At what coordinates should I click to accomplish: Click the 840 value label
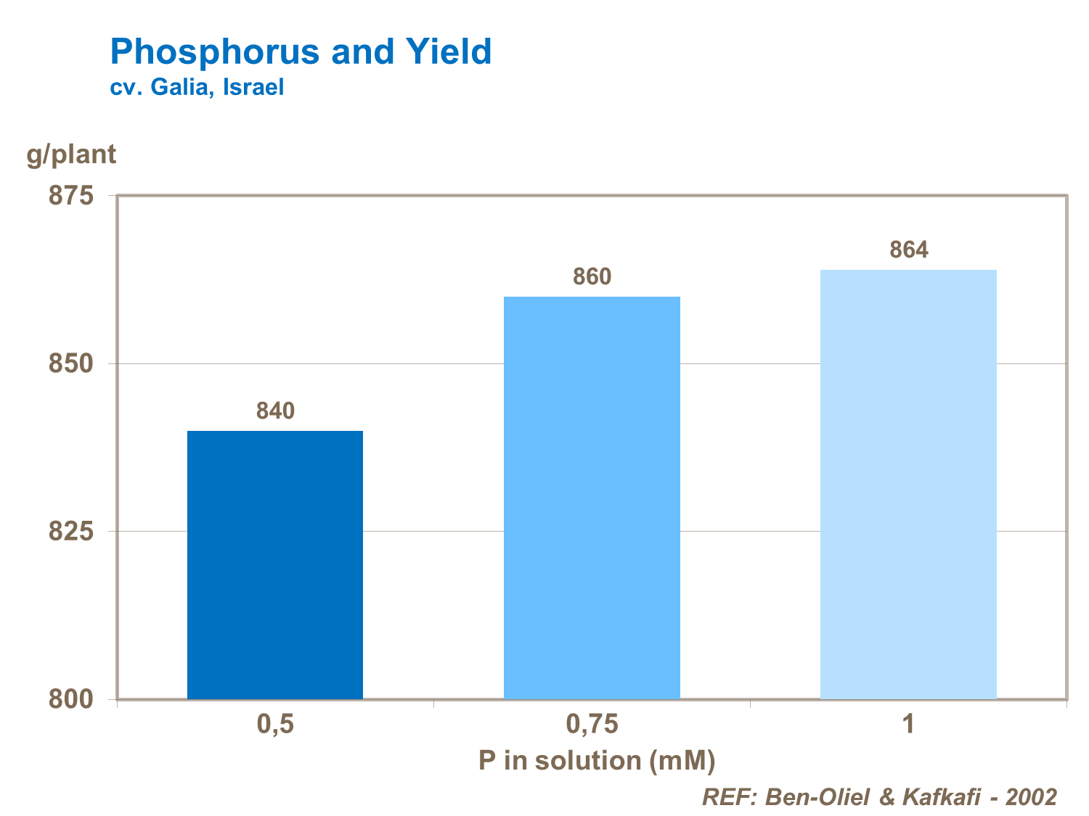(275, 411)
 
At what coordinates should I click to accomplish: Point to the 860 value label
(592, 276)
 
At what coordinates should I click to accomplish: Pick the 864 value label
(908, 250)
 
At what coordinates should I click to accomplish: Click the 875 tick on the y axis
(71, 196)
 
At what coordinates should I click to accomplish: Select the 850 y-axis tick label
(71, 363)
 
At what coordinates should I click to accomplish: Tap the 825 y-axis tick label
(71, 532)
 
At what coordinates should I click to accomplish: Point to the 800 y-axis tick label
(71, 699)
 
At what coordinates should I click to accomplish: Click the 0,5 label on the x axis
(275, 725)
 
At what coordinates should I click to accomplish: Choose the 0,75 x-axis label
(592, 725)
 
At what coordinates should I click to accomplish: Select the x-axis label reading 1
(908, 725)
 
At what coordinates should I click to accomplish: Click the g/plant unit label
(71, 154)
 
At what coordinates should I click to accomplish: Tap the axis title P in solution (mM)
(597, 761)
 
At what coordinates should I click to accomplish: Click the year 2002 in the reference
(1031, 797)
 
